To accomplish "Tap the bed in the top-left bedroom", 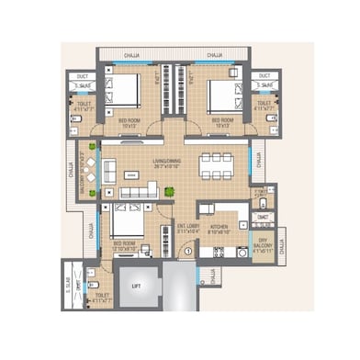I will coord(125,89).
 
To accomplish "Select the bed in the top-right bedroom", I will coord(222,89).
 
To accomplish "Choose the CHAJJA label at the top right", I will coord(214,55).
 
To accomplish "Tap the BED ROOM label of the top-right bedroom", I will coord(224,120).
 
